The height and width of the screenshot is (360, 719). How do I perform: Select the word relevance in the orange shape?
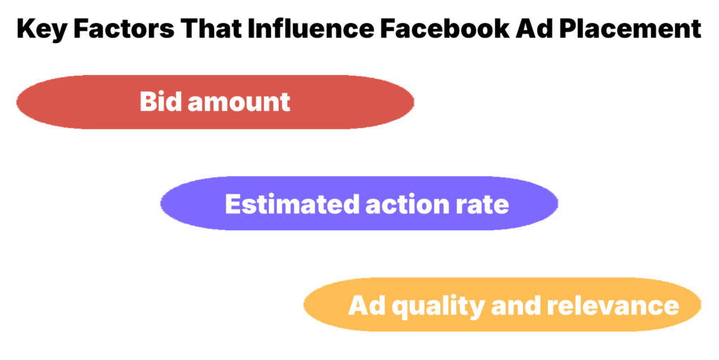pos(612,306)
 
